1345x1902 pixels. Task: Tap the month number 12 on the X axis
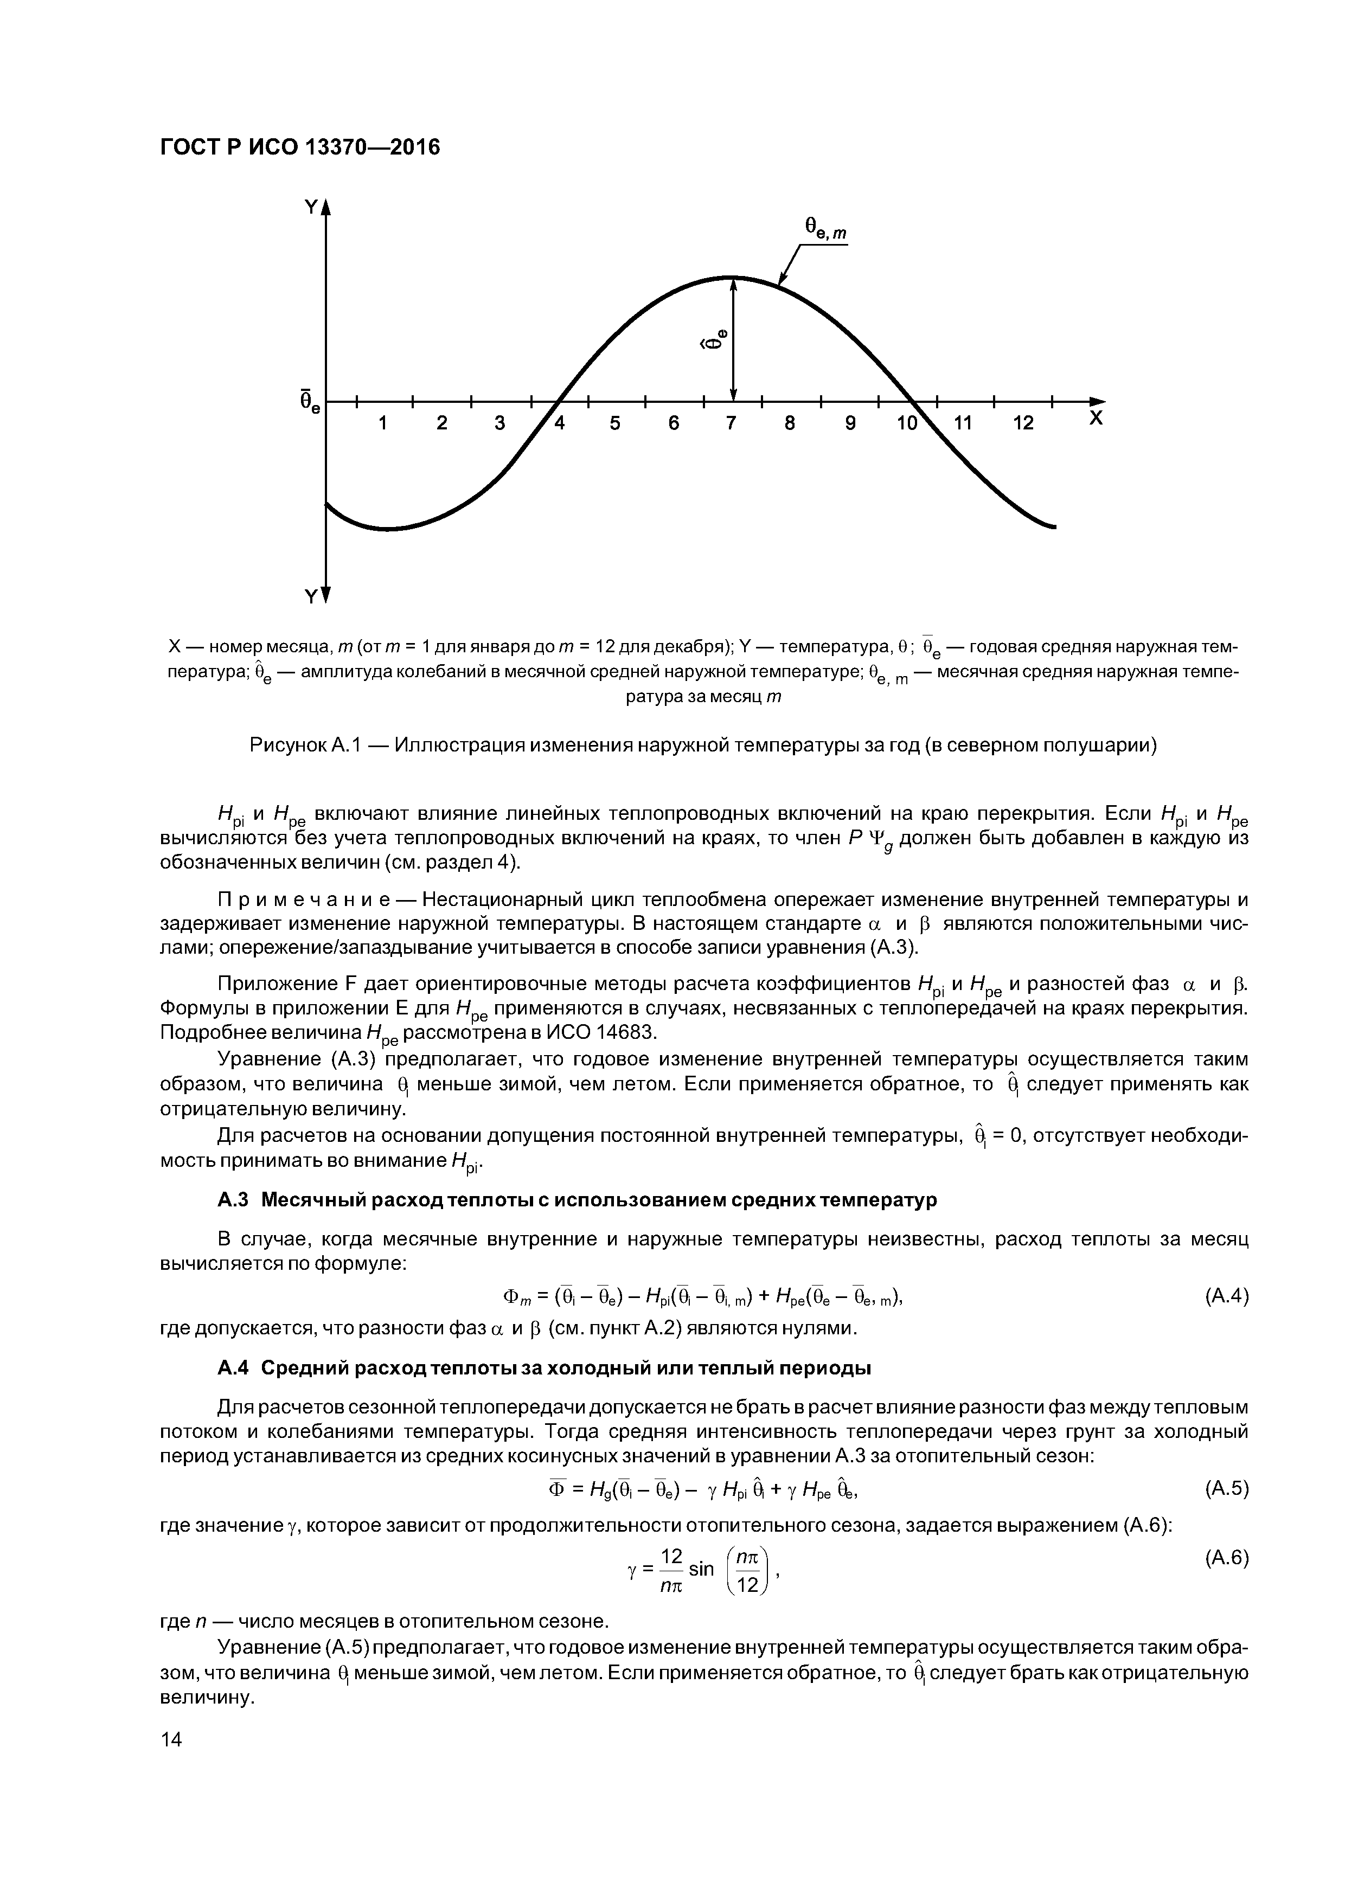pyautogui.click(x=1023, y=423)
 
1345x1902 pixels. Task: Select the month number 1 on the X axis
pyautogui.click(x=383, y=423)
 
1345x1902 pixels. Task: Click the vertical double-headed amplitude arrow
pyautogui.click(x=733, y=339)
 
